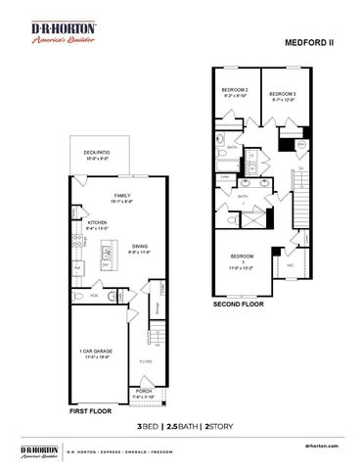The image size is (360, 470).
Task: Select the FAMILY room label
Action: pos(121,198)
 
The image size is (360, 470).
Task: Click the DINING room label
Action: pos(140,249)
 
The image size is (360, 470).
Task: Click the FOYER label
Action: pos(144,361)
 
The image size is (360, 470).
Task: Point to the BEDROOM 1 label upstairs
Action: pos(241,258)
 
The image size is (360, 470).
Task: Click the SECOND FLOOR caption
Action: pos(239,305)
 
